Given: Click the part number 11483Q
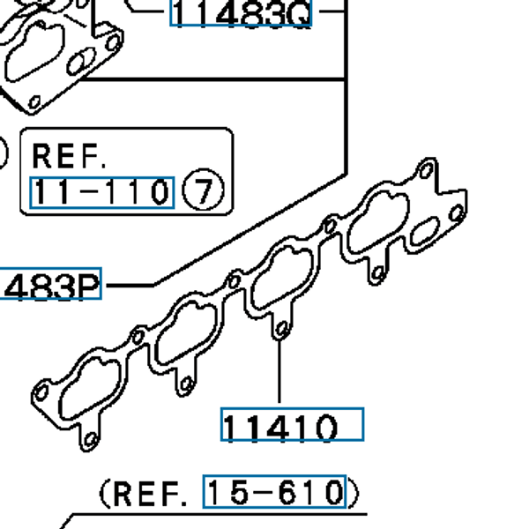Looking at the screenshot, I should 240,13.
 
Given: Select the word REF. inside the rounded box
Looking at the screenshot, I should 69,156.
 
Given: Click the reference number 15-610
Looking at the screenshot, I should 273,491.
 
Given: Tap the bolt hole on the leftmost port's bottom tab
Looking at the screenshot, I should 90,436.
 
